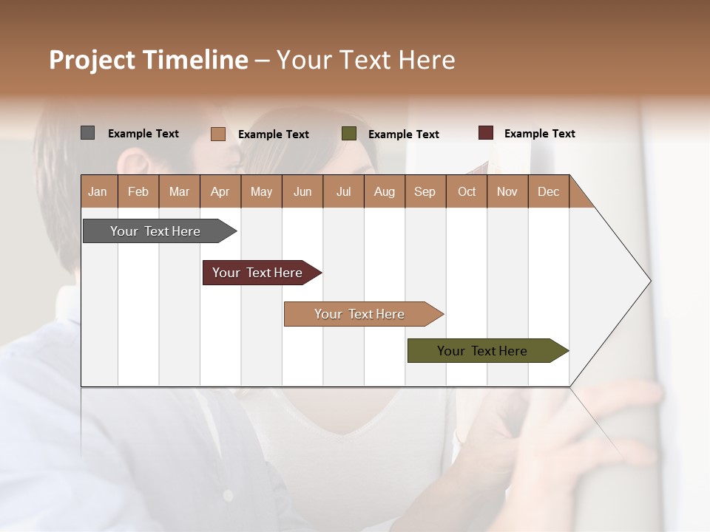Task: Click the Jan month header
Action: coord(98,191)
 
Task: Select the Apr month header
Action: coord(220,191)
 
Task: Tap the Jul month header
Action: coord(343,191)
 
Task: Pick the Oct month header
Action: coord(467,191)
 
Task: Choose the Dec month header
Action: coord(548,191)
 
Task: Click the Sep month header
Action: coord(425,191)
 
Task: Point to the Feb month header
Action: coord(138,191)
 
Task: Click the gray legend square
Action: coord(87,133)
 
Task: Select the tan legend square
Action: coord(217,134)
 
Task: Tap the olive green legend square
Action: coord(349,134)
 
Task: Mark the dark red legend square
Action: coord(485,133)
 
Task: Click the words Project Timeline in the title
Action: coord(148,60)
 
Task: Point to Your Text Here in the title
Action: coord(365,60)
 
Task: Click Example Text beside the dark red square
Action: coord(539,134)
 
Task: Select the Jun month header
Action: coord(302,191)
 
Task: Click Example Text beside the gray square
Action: coord(143,134)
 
